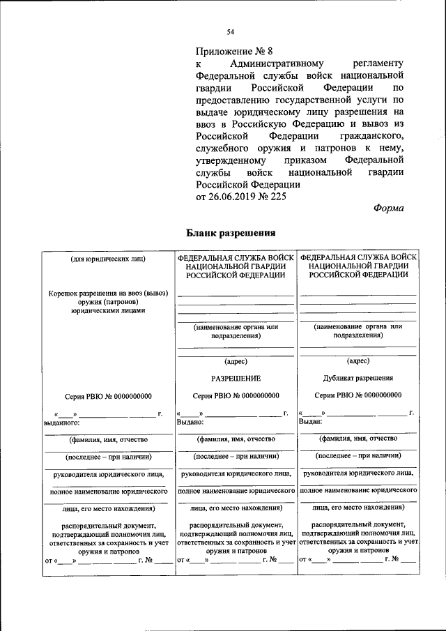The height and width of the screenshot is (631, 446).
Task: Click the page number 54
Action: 230,31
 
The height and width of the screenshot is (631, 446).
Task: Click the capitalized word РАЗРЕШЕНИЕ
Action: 236,378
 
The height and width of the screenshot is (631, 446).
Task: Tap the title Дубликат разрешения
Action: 358,378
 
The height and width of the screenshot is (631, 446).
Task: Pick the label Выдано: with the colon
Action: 190,422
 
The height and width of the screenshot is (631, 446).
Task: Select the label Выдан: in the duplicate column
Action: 310,422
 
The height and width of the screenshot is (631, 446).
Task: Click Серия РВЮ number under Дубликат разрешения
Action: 358,395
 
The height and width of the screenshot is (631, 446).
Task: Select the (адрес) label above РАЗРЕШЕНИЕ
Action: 236,360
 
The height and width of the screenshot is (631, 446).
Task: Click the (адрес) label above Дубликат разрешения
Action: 358,360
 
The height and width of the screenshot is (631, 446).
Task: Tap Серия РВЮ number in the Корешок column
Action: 108,395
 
